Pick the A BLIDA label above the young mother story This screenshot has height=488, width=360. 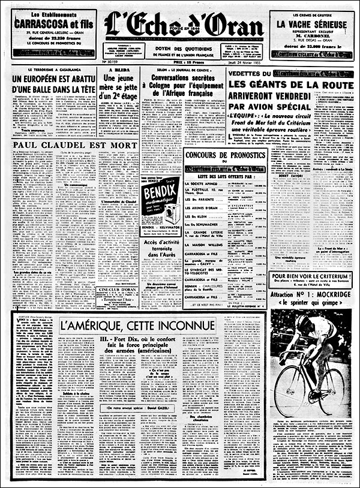[x=118, y=70]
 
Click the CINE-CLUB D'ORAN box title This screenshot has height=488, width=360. [x=118, y=290]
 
